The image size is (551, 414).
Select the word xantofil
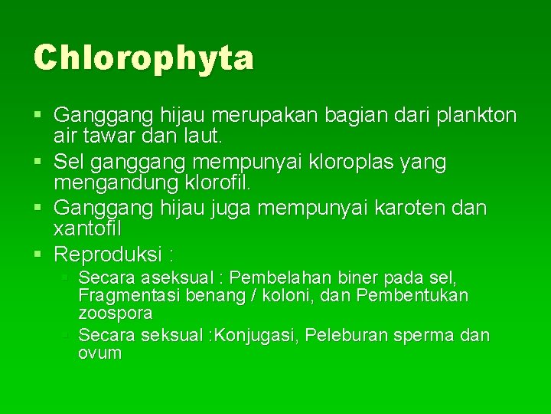click(x=88, y=229)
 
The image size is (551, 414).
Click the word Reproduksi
click(x=107, y=254)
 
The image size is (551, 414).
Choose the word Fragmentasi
click(x=124, y=295)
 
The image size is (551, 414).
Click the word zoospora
click(x=115, y=314)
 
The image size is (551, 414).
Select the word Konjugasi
click(x=258, y=335)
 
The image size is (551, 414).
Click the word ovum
click(x=99, y=353)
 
